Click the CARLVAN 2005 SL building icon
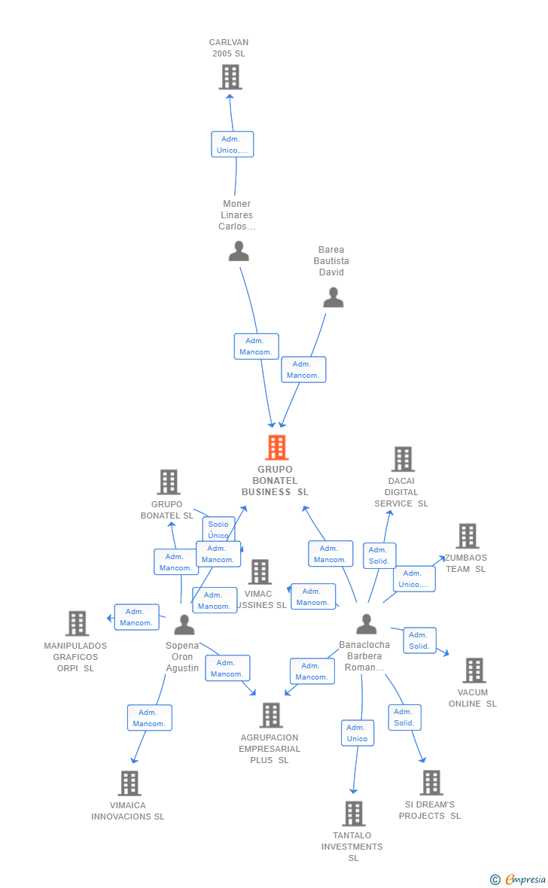click(230, 77)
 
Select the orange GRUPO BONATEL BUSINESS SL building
click(276, 448)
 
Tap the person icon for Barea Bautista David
click(333, 298)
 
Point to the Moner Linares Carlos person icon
click(239, 251)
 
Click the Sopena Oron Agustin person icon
click(184, 625)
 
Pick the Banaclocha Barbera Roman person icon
click(367, 624)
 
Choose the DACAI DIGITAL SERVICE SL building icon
click(403, 459)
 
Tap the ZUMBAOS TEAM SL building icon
click(467, 536)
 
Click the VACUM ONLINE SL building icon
click(474, 670)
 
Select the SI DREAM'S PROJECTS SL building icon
click(431, 783)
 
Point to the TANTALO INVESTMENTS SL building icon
click(354, 813)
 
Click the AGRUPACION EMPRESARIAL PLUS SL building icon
click(270, 715)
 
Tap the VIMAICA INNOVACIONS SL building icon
click(129, 783)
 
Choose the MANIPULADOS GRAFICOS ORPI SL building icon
click(77, 623)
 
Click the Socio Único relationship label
click(218, 529)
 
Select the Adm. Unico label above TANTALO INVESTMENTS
click(357, 733)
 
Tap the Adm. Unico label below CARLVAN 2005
click(232, 144)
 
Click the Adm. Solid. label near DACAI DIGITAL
click(379, 555)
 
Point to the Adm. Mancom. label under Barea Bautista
click(303, 369)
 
